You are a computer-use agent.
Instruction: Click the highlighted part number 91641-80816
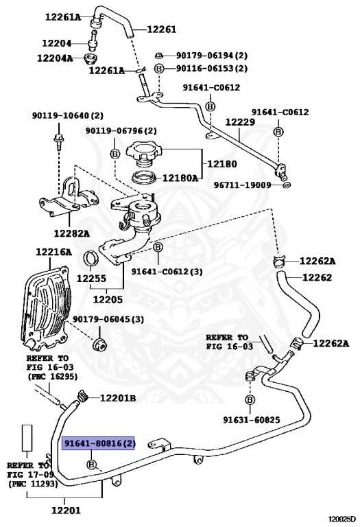[99, 445]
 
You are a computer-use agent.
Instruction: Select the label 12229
[241, 121]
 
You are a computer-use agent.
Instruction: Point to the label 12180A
[180, 178]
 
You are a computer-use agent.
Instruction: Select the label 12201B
[118, 398]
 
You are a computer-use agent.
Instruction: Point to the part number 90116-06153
[212, 69]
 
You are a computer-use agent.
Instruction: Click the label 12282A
[72, 233]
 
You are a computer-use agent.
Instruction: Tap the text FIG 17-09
[28, 474]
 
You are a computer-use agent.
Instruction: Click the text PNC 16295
[53, 377]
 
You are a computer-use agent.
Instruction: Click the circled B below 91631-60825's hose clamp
[250, 399]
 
